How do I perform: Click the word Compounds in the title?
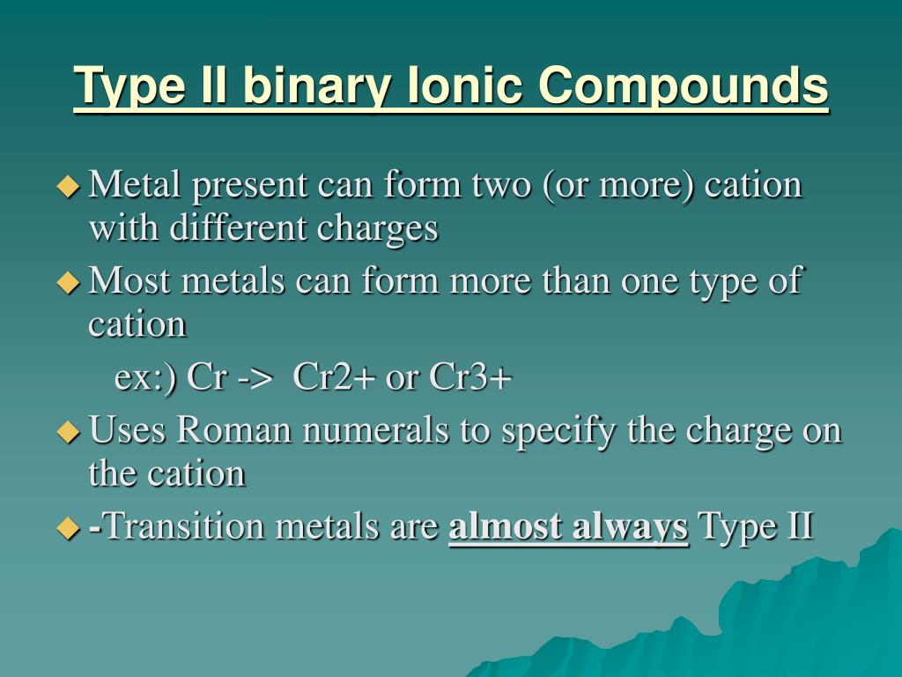(x=684, y=86)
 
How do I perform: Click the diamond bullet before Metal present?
(x=68, y=186)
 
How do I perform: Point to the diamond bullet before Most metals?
(x=68, y=282)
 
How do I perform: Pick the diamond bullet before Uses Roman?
(x=68, y=432)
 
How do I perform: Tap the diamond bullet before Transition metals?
(x=68, y=528)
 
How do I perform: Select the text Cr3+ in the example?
(x=470, y=378)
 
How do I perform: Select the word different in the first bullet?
(x=239, y=228)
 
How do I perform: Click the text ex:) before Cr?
(x=146, y=379)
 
